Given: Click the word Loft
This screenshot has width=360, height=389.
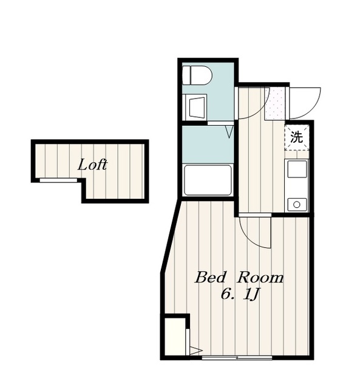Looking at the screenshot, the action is pos(92,165).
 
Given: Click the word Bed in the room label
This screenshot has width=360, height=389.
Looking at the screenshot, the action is pos(211,278).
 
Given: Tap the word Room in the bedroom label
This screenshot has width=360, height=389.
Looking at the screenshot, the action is pos(260,278).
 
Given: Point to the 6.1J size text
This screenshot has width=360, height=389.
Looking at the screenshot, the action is pos(240,295).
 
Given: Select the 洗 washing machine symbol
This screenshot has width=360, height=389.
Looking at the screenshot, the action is pos(297,137).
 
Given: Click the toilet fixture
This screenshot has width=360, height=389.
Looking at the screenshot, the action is pos(197,75).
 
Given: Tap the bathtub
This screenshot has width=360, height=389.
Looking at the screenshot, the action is pos(208,180).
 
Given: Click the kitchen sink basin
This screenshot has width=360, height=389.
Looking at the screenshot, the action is pos(297,169).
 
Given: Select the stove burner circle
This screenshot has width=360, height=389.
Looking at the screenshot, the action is pos(297,205).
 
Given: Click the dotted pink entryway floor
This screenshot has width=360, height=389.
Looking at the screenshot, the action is pos(275,103).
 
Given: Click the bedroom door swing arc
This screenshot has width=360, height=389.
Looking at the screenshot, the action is pos(250,238).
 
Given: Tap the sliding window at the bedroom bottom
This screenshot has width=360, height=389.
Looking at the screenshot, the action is pos(237,358).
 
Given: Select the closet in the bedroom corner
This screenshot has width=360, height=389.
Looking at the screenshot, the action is pos(175,337).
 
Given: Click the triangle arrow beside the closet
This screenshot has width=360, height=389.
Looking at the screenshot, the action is pos(195,351).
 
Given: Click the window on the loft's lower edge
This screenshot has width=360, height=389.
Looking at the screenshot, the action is pos(58,180).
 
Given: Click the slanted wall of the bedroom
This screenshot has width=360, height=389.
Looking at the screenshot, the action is pos(170,237).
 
